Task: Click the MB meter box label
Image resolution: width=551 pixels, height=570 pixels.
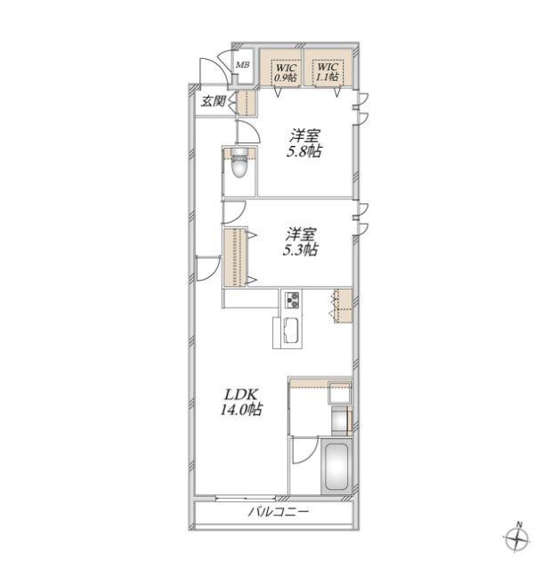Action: pos(242,65)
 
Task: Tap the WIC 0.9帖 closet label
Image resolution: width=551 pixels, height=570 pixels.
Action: pos(286,72)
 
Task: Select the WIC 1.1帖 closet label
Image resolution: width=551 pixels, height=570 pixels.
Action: pos(328,72)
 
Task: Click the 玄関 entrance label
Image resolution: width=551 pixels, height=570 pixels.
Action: pos(214,101)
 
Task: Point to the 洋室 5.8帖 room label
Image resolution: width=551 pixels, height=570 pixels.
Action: pos(304,143)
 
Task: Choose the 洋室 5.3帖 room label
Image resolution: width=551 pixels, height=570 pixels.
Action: pos(300,242)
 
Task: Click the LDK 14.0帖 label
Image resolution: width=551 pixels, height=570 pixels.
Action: pos(241,402)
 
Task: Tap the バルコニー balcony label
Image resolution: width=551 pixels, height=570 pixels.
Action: pos(279,512)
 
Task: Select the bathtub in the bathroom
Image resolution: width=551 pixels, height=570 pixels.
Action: pos(336,467)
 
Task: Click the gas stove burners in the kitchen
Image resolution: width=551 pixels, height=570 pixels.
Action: pos(292,300)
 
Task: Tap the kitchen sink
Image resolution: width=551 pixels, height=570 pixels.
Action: pos(292,330)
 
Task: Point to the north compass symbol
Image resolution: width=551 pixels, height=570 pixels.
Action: pos(517,539)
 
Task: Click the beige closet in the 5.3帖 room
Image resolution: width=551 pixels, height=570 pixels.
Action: pos(235,257)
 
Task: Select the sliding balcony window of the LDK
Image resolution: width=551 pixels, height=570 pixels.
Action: pos(245,498)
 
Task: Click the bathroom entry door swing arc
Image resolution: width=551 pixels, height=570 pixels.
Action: pos(305,450)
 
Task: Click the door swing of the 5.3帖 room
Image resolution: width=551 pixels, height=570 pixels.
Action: pos(234,212)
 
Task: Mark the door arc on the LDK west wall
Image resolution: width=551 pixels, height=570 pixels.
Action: pos(208,268)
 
